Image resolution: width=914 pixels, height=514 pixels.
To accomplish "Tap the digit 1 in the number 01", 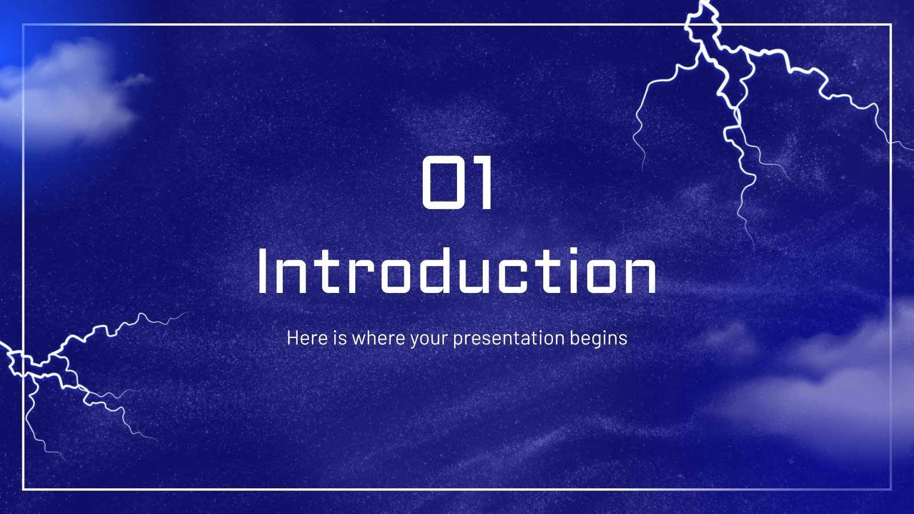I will pyautogui.click(x=483, y=184).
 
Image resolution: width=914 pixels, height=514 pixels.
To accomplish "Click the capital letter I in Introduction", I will pyautogui.click(x=263, y=274).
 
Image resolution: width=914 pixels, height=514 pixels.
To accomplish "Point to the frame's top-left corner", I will pyautogui.click(x=23, y=25).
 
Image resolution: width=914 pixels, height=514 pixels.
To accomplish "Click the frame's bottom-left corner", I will pyautogui.click(x=23, y=489).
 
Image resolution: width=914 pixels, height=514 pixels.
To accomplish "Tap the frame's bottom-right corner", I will pyautogui.click(x=891, y=489).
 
